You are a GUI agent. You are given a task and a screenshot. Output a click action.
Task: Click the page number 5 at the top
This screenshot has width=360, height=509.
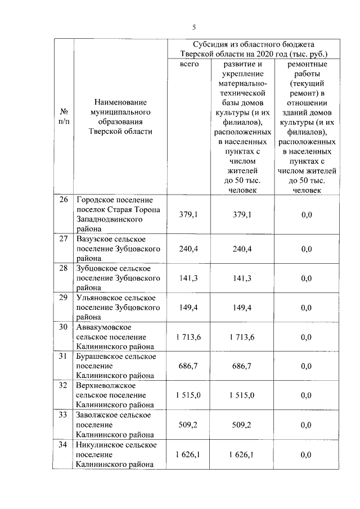coord(193,26)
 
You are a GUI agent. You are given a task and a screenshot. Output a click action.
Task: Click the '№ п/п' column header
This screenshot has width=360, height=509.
coord(64,116)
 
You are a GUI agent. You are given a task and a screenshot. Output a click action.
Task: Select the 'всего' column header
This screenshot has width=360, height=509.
coord(189,64)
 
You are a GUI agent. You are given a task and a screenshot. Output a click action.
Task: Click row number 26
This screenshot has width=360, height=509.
coord(64,200)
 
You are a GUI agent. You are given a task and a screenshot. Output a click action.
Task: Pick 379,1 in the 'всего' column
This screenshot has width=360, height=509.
coord(189,214)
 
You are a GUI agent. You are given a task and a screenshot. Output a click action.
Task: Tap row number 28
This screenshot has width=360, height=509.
coord(64,268)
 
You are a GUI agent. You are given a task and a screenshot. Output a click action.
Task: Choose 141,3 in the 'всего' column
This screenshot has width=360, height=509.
coord(189,278)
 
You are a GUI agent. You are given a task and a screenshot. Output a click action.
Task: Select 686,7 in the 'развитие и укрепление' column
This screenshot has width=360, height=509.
coord(242,366)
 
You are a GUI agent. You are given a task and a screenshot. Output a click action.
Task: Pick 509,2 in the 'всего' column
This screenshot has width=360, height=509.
coord(189,425)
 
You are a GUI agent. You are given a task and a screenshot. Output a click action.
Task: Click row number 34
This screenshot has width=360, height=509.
coord(64,444)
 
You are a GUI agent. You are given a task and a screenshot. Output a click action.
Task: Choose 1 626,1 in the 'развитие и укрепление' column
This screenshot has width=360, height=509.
coord(242,454)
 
